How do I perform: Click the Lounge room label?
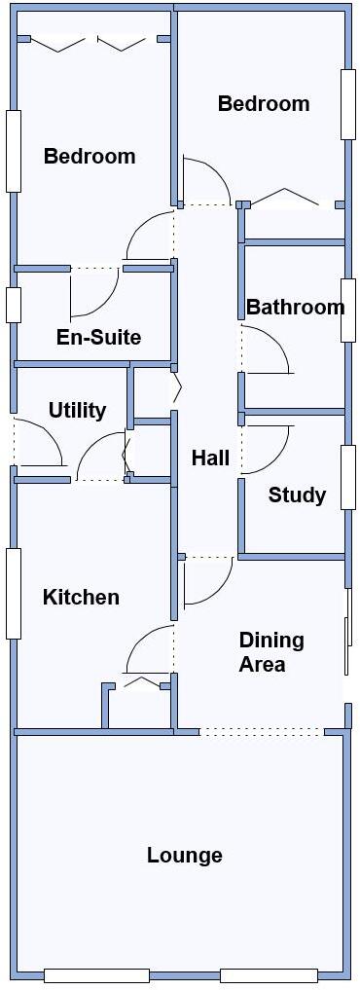point(185,856)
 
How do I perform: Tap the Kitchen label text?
point(81,598)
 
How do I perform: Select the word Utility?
point(77,411)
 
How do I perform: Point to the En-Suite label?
point(98,338)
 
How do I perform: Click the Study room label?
point(297,495)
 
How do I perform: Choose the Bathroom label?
point(295,309)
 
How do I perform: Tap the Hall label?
point(210,458)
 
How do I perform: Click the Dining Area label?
point(271,652)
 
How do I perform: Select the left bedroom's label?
point(90,157)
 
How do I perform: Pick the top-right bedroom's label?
point(264,104)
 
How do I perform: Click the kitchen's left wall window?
point(14,593)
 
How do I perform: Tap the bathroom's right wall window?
point(347,310)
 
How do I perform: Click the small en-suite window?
point(14,305)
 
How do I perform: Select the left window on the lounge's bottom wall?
point(96,975)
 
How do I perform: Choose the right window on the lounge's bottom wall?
point(269,975)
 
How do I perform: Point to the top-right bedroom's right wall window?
point(347,103)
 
